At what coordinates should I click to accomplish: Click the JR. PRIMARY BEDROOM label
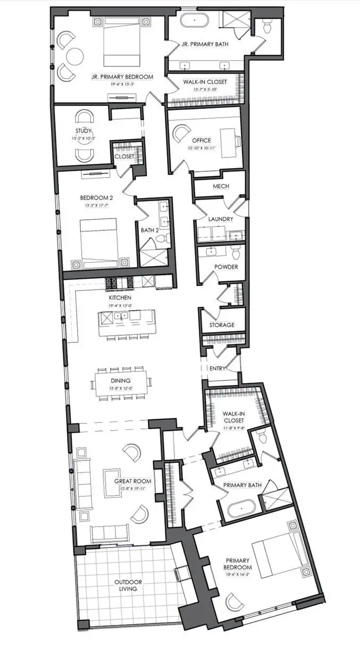point(124,77)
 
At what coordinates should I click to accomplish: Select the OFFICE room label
point(202,140)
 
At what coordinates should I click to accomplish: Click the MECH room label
point(221,186)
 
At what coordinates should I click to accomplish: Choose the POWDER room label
point(226,267)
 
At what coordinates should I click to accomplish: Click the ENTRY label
point(218,368)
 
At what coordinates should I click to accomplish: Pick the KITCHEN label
point(120,297)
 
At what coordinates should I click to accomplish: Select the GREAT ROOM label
point(133,481)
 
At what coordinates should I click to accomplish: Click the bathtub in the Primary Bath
point(242,509)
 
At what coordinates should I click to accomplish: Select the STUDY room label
point(83,131)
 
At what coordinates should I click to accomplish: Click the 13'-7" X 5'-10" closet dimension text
point(205,89)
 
